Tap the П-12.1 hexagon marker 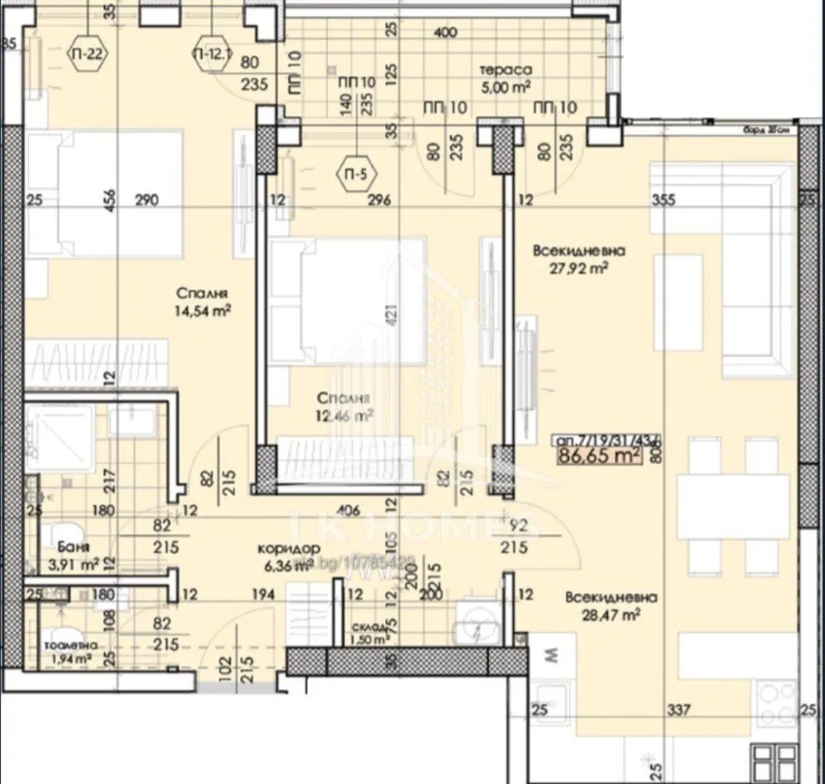210,53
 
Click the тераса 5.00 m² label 505,76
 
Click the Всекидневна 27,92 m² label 581,258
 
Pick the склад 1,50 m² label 370,633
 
